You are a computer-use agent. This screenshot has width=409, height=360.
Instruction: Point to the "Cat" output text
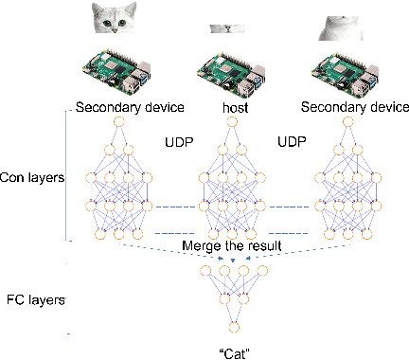(224, 351)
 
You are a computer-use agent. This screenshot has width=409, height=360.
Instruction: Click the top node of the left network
(118, 122)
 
